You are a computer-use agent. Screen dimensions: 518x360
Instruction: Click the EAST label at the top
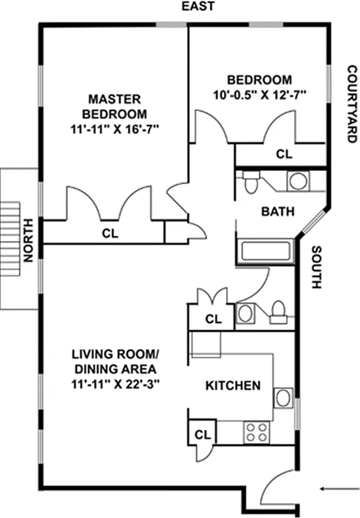(x=197, y=7)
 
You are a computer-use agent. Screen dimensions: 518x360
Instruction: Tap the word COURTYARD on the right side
(x=352, y=104)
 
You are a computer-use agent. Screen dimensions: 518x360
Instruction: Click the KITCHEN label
(x=233, y=386)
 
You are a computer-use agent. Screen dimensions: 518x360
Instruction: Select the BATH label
(x=278, y=211)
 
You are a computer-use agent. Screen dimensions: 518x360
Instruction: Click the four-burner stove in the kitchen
(x=257, y=433)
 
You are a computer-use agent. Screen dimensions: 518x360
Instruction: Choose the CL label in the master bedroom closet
(x=109, y=234)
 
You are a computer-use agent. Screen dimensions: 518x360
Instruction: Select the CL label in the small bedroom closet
(x=284, y=155)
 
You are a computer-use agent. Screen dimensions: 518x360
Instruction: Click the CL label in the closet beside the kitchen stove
(x=202, y=433)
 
